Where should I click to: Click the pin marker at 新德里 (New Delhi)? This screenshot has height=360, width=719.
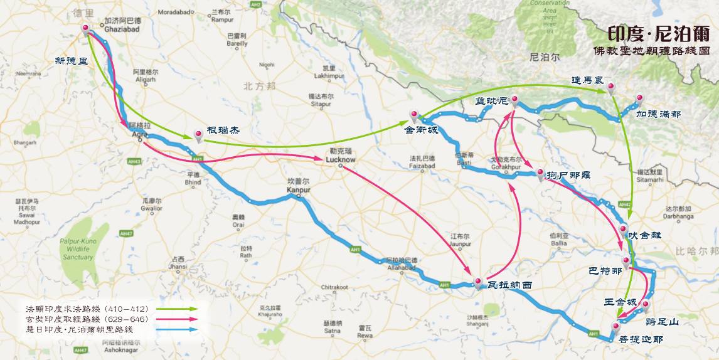(x=86, y=28)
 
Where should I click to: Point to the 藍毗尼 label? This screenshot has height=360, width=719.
(x=491, y=101)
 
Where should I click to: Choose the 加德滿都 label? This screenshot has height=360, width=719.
(x=658, y=115)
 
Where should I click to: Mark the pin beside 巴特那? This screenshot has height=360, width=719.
(x=626, y=262)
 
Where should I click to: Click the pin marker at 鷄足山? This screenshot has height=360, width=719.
(x=646, y=305)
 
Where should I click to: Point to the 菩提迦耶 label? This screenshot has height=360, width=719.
(x=640, y=339)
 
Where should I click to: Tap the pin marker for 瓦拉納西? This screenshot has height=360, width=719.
(x=477, y=282)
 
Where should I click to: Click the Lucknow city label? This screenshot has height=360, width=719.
(x=341, y=161)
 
